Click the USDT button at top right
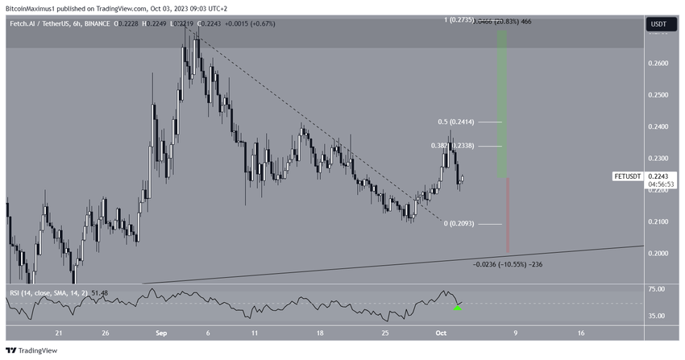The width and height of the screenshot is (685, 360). pos(658,25)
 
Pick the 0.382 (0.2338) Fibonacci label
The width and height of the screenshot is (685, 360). pos(455,147)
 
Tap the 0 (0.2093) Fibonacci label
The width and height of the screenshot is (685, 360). pos(460,224)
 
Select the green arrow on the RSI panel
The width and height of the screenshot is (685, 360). pos(458,307)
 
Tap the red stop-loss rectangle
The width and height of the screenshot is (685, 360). pos(508,215)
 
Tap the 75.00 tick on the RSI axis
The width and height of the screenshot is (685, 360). pos(658,288)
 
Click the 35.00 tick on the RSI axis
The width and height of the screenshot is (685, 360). pos(658,316)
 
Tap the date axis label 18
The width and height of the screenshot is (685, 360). pos(321,332)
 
